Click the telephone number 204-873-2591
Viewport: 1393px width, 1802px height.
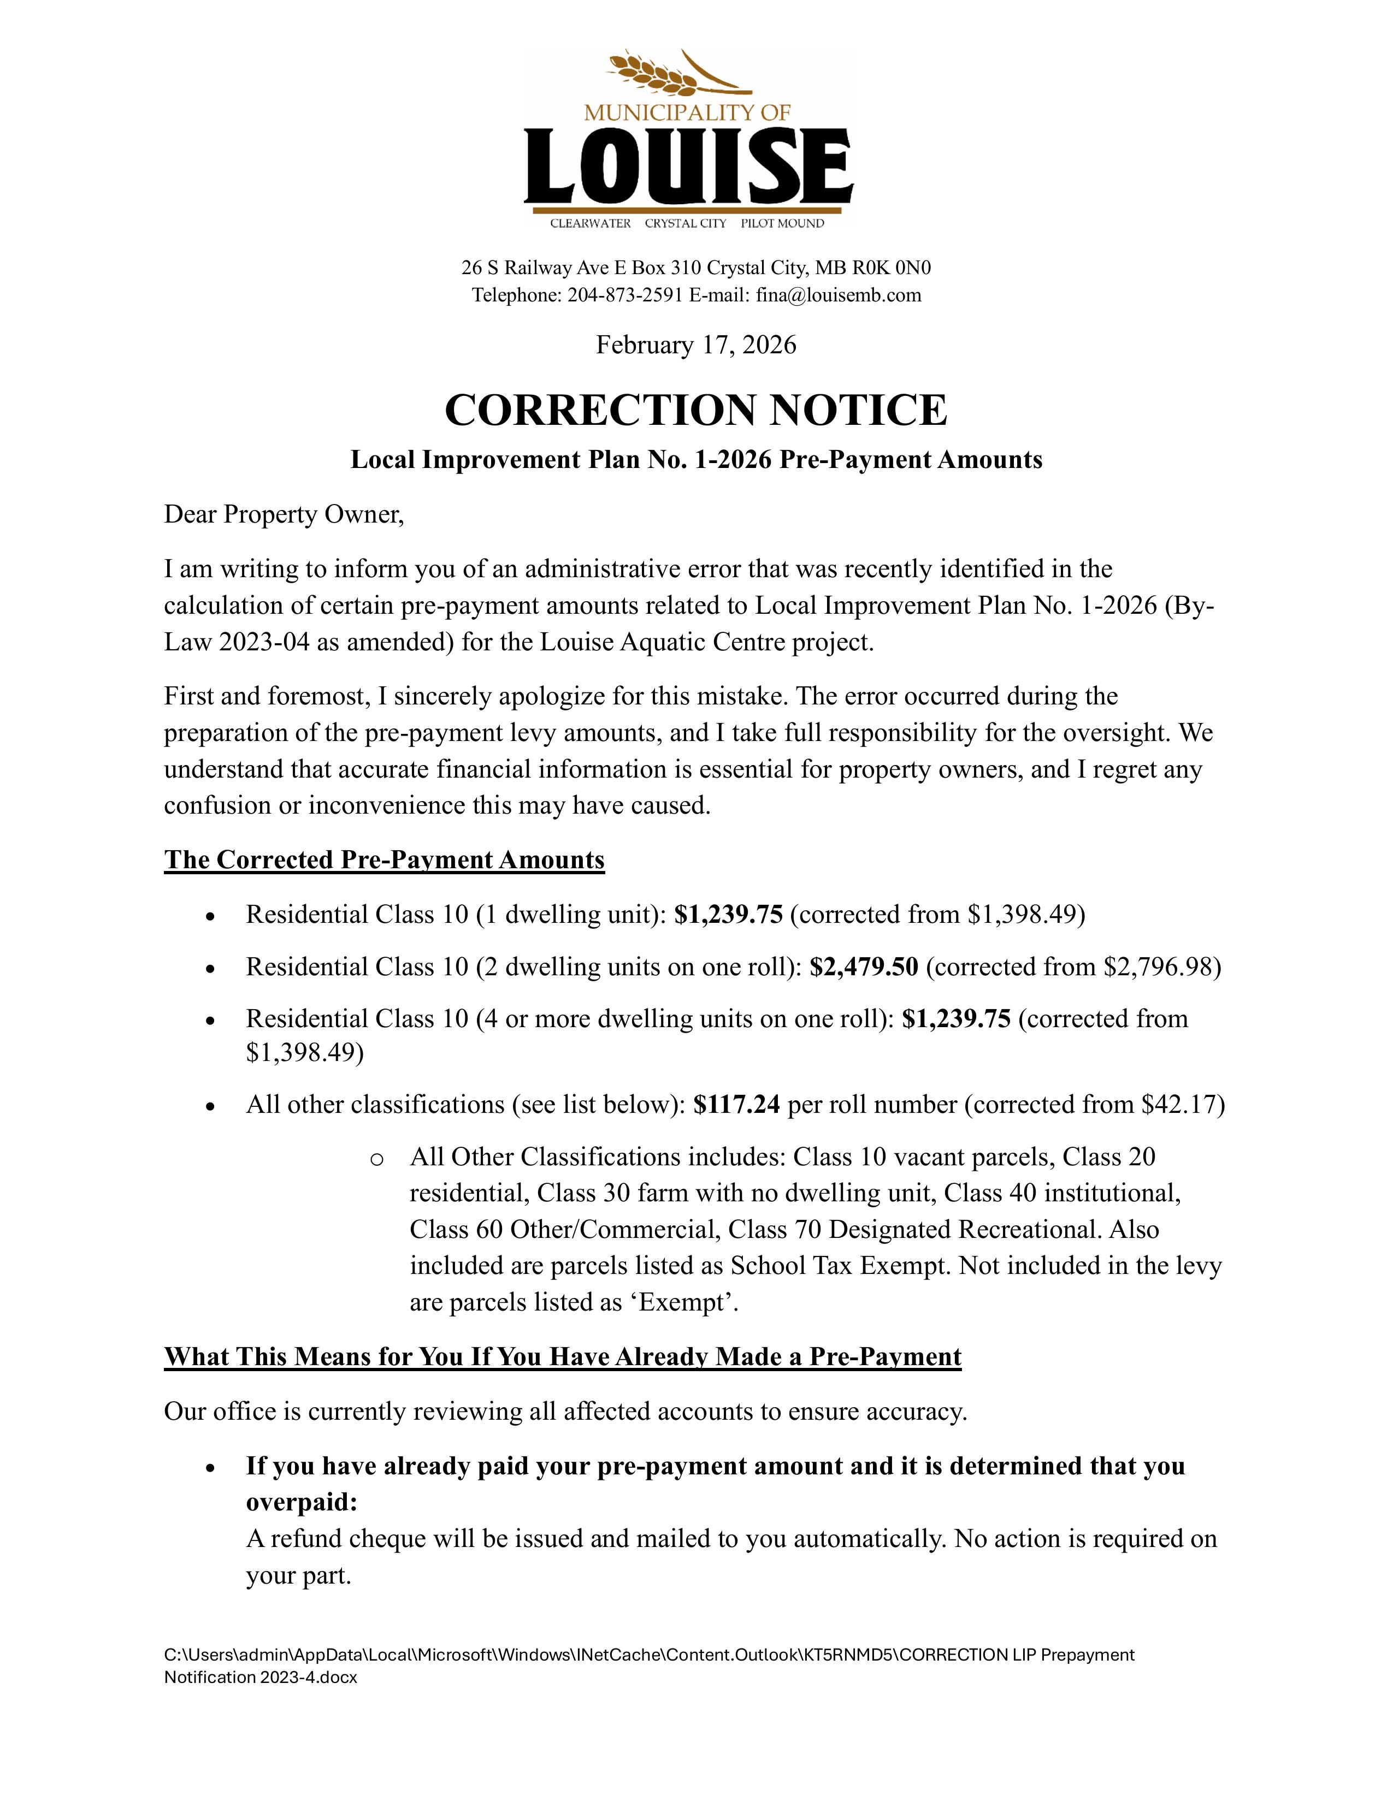click(625, 295)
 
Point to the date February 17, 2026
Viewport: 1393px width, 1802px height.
click(695, 345)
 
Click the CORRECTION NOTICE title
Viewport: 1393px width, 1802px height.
click(695, 410)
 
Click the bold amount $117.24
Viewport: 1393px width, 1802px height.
click(736, 1104)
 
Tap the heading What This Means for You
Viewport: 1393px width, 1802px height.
click(562, 1358)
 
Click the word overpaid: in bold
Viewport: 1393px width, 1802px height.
click(301, 1503)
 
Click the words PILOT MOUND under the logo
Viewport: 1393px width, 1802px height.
click(782, 223)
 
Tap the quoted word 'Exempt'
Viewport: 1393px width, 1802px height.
click(693, 1303)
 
